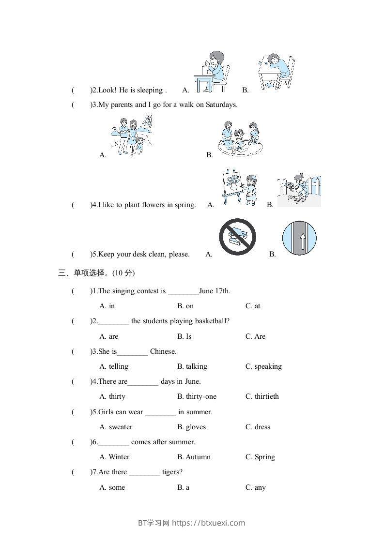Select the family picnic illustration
[x=238, y=138]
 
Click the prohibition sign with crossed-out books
[x=237, y=237]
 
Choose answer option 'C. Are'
[x=255, y=336]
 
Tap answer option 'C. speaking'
[x=263, y=366]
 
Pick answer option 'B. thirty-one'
[x=197, y=396]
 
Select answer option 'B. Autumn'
[x=194, y=457]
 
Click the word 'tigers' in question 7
[x=172, y=472]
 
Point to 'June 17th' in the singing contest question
[x=215, y=291]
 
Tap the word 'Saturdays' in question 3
[x=221, y=104]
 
